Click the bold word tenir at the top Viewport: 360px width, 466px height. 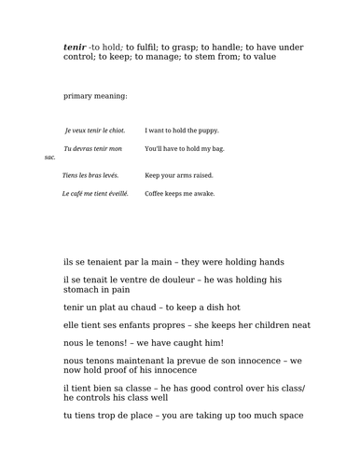pos(75,46)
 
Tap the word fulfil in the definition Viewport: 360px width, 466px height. pos(143,46)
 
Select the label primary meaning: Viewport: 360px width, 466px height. pos(95,96)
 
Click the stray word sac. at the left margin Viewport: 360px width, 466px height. pos(50,158)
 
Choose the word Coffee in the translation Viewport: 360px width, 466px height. pos(156,194)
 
